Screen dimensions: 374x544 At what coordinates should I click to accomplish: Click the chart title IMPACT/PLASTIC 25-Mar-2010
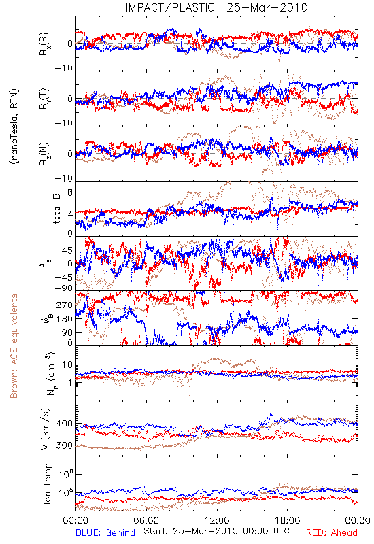click(216, 7)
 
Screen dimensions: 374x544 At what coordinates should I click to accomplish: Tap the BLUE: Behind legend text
click(105, 532)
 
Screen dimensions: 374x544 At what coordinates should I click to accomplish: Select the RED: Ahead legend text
click(331, 532)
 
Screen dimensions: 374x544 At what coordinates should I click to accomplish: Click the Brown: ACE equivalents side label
click(14, 346)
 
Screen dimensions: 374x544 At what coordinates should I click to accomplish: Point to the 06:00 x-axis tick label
click(146, 520)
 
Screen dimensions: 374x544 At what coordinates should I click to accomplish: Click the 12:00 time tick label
click(217, 520)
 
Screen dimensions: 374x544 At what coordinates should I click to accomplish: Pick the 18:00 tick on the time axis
click(288, 520)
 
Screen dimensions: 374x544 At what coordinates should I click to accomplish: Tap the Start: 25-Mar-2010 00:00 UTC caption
click(216, 531)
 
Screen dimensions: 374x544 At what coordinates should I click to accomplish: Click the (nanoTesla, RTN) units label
click(14, 126)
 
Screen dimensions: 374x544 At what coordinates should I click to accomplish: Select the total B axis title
click(56, 209)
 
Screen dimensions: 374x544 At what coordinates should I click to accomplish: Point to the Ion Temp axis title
click(47, 483)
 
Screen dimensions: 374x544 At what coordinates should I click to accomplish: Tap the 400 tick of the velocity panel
click(64, 423)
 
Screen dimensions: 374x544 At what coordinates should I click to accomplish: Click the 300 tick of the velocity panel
click(64, 445)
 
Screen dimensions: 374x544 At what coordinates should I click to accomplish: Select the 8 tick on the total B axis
click(70, 192)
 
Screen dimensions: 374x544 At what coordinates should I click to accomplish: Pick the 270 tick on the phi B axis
click(64, 305)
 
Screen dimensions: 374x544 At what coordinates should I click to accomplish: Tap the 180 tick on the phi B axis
click(64, 319)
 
